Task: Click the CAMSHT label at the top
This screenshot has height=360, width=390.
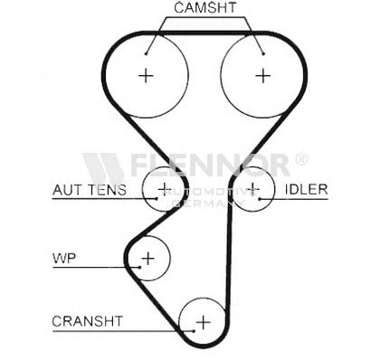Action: tap(205, 7)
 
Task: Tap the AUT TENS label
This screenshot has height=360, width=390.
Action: tap(90, 190)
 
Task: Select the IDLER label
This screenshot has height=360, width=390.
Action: tap(307, 189)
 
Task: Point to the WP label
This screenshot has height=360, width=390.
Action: tap(64, 258)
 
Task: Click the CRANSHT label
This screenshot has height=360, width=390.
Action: tap(88, 321)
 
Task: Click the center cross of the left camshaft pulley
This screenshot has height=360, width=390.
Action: tap(146, 75)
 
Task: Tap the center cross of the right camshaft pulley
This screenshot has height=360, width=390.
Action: tap(263, 75)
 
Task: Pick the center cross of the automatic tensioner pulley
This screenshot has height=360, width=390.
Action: tap(165, 189)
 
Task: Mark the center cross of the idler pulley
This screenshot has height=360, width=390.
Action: tap(252, 189)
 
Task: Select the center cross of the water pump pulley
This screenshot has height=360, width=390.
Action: tap(148, 259)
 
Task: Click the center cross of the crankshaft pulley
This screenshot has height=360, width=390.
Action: tap(204, 322)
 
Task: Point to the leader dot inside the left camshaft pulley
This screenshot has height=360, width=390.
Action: tap(146, 54)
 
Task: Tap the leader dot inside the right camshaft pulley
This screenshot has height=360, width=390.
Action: tap(263, 54)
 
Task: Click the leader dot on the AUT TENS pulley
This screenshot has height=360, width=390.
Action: tap(156, 198)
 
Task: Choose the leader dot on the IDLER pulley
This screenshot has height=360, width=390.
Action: tap(260, 199)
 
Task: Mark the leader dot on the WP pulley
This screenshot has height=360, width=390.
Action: tap(140, 267)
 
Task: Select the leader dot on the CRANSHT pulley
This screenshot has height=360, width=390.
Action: tap(194, 331)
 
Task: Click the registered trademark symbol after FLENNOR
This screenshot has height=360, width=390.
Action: tap(301, 159)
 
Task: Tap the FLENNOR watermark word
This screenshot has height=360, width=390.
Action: tap(210, 165)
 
